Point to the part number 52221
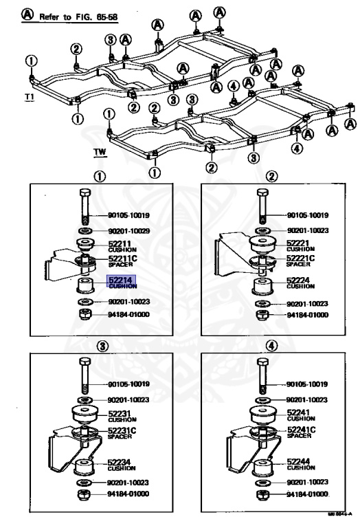pos(298,243)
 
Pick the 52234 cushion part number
pos(122,465)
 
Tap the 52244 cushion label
pos(298,464)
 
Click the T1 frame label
pos(29,97)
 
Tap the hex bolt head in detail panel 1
pos(85,193)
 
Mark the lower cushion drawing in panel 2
pos(261,287)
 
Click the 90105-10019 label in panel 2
pos(308,214)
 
